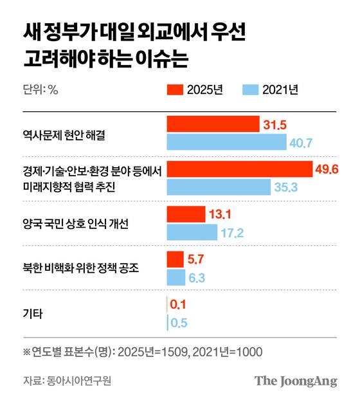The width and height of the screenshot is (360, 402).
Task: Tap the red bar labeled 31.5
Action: tap(212, 124)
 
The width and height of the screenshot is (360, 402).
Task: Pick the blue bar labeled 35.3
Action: tap(218, 187)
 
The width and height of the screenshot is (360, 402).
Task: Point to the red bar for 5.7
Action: tap(175, 259)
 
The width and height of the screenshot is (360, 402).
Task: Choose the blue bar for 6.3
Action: tap(175, 277)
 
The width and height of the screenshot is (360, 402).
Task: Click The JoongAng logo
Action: tap(295, 380)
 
